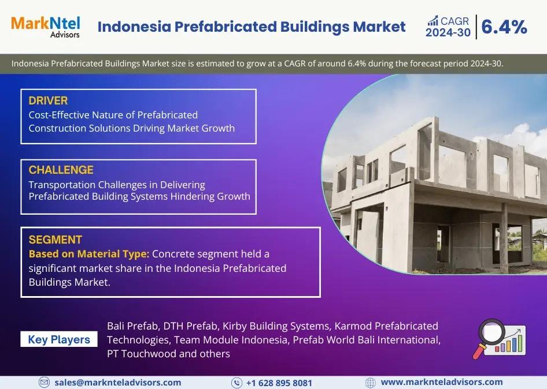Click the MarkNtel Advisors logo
[46, 27]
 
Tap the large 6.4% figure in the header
[504, 27]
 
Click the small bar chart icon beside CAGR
[433, 21]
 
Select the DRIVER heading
[48, 100]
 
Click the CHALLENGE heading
[61, 170]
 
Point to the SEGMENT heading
[55, 240]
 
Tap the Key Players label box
[59, 339]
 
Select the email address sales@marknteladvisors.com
[117, 383]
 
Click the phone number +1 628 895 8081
[279, 383]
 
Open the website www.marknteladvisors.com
[442, 382]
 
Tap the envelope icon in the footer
[44, 383]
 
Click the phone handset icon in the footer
[236, 383]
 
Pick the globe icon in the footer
[371, 383]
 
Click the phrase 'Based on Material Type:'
[89, 254]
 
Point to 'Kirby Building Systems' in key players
[276, 326]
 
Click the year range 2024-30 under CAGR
[448, 33]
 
